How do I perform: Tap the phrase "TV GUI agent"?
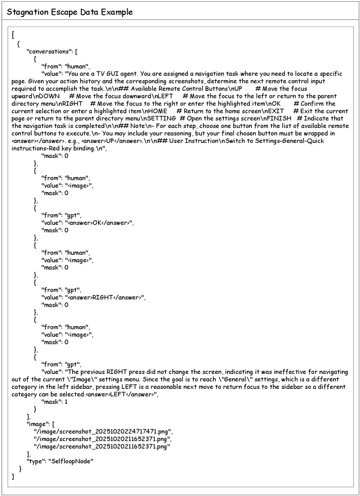[116, 74]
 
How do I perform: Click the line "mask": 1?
[54, 403]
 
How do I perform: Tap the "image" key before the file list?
[37, 424]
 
